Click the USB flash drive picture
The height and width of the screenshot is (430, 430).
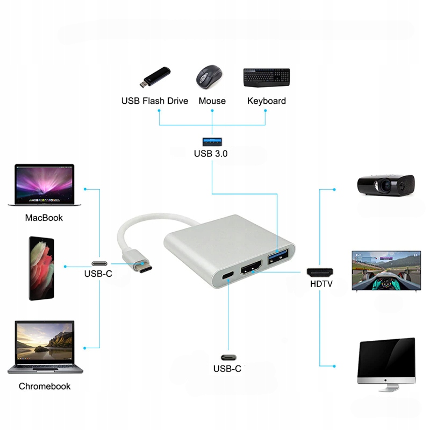pos(155,78)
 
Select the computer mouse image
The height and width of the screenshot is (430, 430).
pos(209,77)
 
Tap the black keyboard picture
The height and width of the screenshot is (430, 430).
pos(266,77)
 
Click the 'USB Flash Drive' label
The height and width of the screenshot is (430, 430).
pos(155,101)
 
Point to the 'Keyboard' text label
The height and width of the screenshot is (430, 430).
pos(266,101)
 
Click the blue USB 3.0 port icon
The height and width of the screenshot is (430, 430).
pos(211,142)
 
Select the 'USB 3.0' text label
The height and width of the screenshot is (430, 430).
pos(211,154)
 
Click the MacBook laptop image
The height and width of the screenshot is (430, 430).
pos(45,185)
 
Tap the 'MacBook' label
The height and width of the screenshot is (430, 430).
pos(44,218)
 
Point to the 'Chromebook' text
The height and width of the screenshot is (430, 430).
pos(45,386)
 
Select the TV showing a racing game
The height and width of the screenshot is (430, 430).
pos(385,270)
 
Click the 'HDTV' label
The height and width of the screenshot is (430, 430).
pos(321,284)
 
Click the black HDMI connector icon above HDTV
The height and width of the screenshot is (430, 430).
pos(320,271)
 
